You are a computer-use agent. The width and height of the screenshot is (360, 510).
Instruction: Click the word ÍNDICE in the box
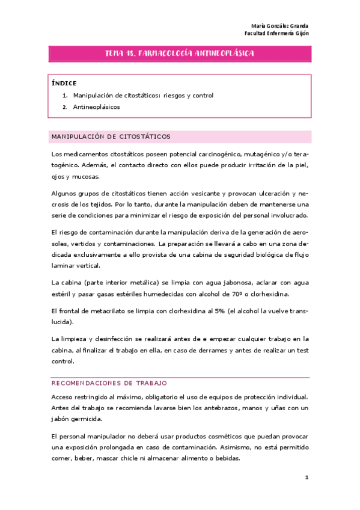tap(64, 84)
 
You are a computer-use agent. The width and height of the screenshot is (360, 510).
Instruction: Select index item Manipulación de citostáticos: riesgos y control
tap(143, 96)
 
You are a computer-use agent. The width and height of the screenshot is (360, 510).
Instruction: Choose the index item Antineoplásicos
tap(96, 107)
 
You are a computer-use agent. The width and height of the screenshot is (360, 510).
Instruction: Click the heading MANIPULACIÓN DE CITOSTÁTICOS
tap(111, 137)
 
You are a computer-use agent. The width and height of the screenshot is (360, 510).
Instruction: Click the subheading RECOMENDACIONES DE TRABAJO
tap(109, 382)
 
